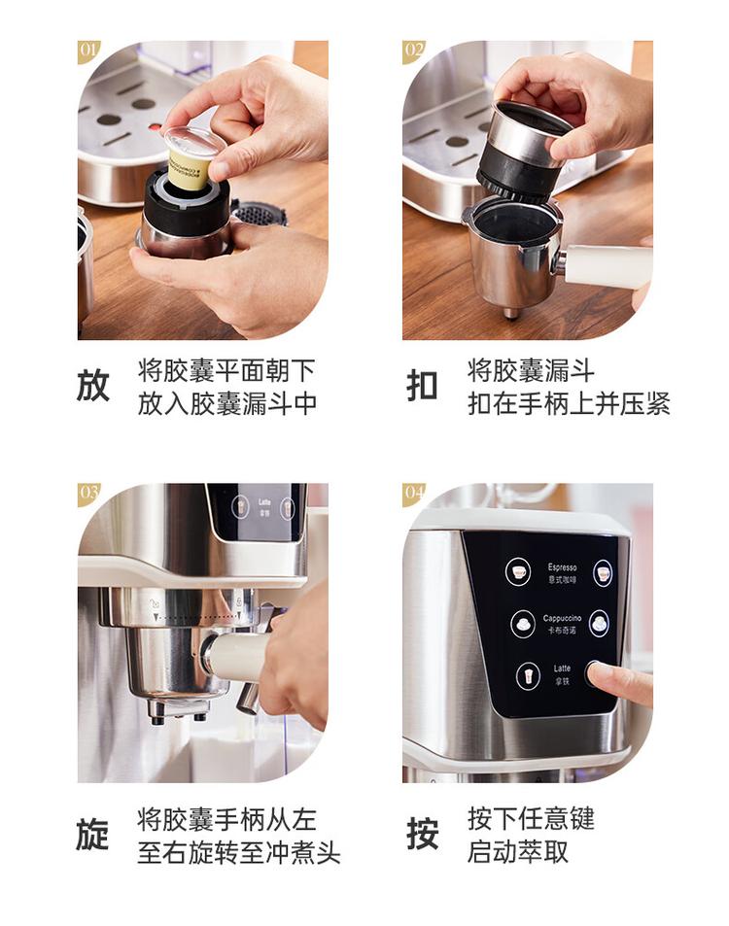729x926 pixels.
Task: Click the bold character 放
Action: pos(93,386)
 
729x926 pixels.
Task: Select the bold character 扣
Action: pos(422,386)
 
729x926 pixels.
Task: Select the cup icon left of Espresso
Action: pos(518,571)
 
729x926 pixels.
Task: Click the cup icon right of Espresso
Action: pos(604,572)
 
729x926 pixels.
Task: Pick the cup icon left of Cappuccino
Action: pos(523,623)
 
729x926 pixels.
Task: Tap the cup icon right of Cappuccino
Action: pos(599,623)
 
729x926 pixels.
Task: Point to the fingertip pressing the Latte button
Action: pos(595,672)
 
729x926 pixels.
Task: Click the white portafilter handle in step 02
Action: pos(607,265)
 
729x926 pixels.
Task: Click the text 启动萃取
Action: pos(518,852)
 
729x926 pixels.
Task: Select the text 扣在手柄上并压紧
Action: pos(569,403)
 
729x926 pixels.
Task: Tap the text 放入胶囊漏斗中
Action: pos(227,403)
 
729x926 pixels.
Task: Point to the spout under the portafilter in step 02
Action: pos(510,313)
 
